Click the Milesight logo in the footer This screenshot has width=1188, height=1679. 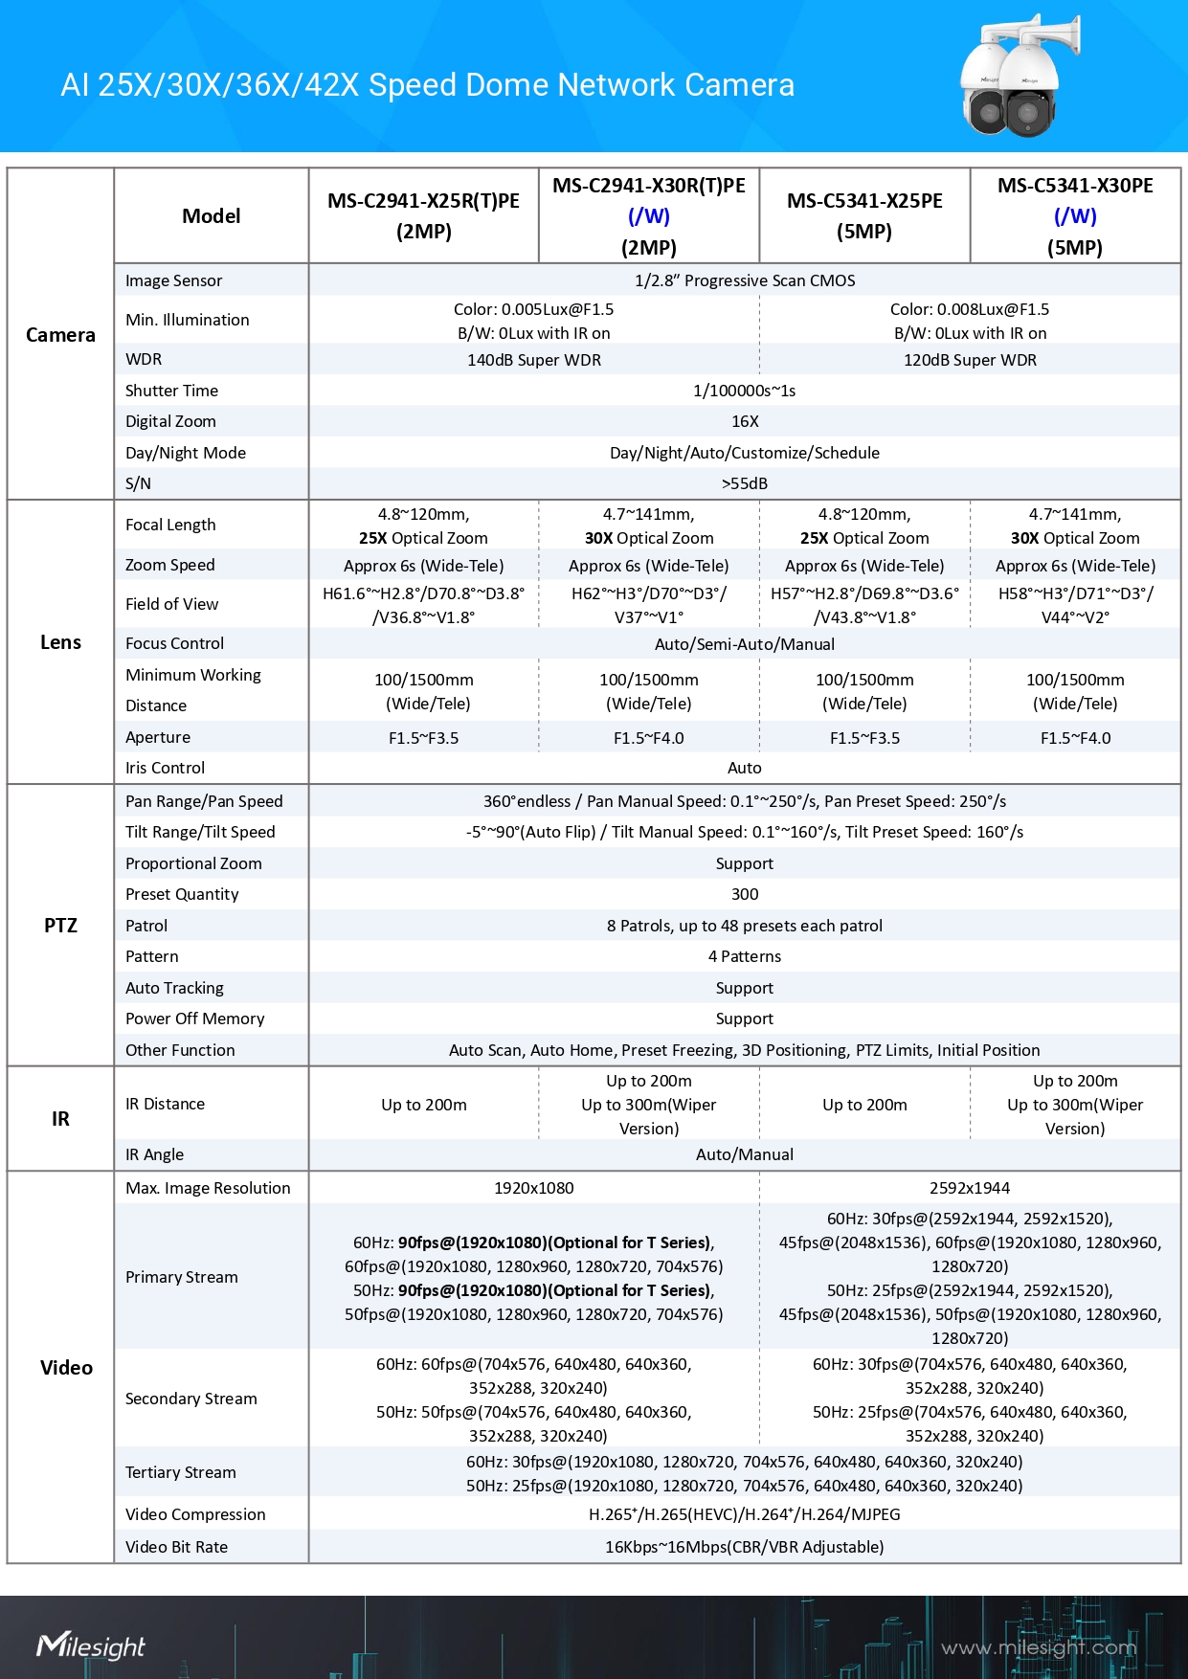coord(91,1645)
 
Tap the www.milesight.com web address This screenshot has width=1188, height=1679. coord(1039,1647)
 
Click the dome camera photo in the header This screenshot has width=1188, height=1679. coord(1019,77)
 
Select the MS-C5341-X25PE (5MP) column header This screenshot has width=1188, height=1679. coord(864,215)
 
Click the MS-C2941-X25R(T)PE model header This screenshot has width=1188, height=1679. coord(423,215)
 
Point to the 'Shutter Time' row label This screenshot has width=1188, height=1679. coord(172,391)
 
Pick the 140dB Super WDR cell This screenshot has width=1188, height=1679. coord(534,360)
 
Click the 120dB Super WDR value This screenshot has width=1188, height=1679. coord(970,360)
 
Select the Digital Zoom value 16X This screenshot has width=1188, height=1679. coord(745,421)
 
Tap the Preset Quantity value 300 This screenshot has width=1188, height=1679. coord(745,894)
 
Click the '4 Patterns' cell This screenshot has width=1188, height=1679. coord(745,956)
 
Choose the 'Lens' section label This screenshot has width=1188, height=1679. coord(60,642)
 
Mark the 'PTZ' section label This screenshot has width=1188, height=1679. coord(60,926)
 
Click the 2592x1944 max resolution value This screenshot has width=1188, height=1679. coord(970,1188)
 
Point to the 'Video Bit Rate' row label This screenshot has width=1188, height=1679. coord(177,1547)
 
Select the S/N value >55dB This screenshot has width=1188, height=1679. coord(745,483)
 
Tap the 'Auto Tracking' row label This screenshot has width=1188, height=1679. coord(175,988)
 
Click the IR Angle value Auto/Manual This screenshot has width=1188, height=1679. coord(745,1154)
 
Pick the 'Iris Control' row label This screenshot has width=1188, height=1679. coord(166,768)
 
